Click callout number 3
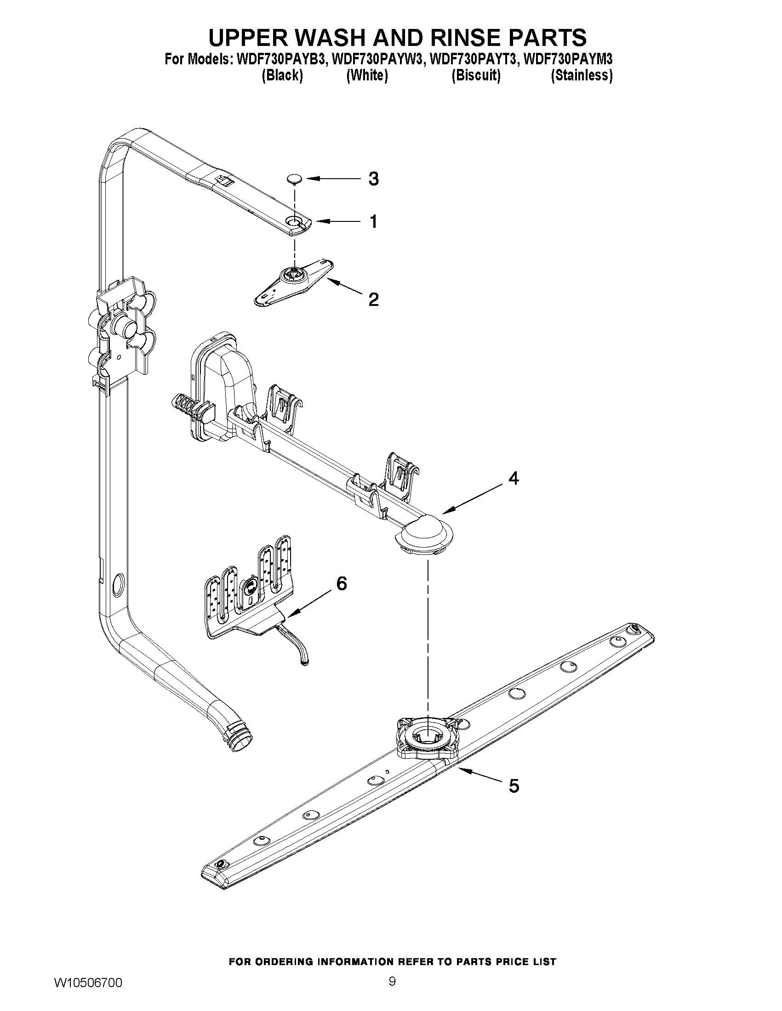(x=373, y=179)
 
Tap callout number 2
(x=373, y=299)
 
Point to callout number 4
(x=514, y=478)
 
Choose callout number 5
(x=514, y=785)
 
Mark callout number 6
(x=341, y=584)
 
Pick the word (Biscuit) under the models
(x=476, y=75)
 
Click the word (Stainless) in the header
(x=582, y=75)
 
